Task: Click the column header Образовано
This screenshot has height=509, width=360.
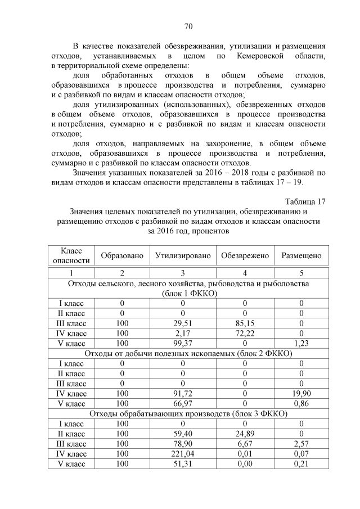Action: pyautogui.click(x=122, y=255)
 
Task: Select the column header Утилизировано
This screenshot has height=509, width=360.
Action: pyautogui.click(x=183, y=255)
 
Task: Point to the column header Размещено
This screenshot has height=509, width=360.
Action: pyautogui.click(x=301, y=255)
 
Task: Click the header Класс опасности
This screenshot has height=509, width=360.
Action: pyautogui.click(x=71, y=255)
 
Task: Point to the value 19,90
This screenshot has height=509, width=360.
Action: pyautogui.click(x=301, y=393)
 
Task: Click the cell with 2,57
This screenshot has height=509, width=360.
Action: pyautogui.click(x=301, y=444)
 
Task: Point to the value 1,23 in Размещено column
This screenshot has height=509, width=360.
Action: pyautogui.click(x=301, y=343)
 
